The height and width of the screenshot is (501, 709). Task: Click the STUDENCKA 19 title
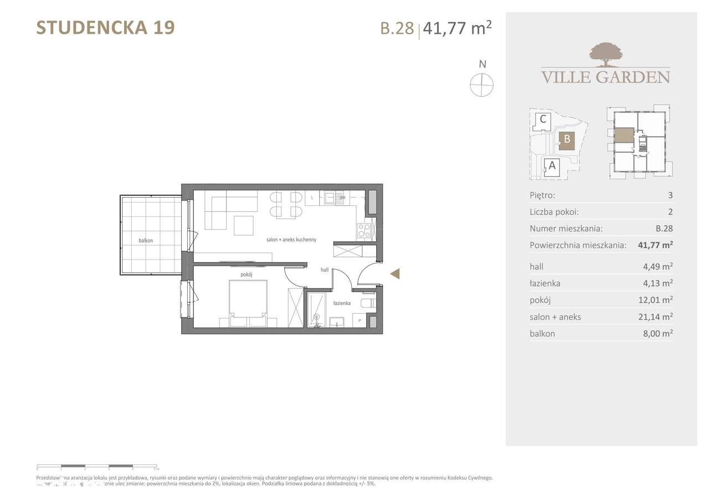click(x=105, y=28)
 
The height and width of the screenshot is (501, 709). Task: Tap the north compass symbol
click(x=482, y=85)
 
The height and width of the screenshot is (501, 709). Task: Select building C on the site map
click(x=543, y=119)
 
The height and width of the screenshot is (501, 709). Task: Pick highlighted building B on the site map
click(x=567, y=140)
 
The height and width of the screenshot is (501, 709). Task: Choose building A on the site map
click(x=552, y=165)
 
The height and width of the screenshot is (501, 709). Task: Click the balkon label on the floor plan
click(x=146, y=241)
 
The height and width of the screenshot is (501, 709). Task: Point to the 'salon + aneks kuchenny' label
click(x=291, y=240)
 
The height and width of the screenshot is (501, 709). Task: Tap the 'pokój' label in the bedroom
click(x=246, y=275)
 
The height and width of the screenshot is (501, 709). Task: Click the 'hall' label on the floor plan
click(x=325, y=270)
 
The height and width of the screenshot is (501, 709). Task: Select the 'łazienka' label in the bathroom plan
click(x=342, y=303)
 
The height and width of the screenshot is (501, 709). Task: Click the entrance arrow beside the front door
click(x=395, y=273)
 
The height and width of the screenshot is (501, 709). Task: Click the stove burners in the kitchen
click(x=364, y=230)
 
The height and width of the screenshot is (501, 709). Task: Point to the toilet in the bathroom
click(x=368, y=303)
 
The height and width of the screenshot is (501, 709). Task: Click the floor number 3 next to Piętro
click(x=670, y=195)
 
